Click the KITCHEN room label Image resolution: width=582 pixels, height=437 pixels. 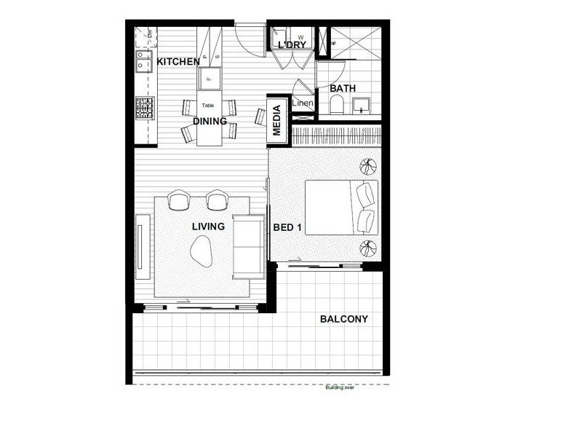[178, 62]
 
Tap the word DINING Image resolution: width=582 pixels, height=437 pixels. [210, 122]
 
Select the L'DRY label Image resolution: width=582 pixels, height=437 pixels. [291, 46]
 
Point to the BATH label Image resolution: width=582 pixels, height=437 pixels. [343, 89]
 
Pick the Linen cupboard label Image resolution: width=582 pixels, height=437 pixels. [303, 103]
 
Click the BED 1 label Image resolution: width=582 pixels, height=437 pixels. [287, 228]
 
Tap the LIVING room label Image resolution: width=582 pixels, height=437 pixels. [208, 227]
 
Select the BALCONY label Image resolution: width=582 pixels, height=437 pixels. [344, 319]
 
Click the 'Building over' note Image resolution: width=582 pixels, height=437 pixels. [340, 387]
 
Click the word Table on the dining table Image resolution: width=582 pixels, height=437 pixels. [208, 106]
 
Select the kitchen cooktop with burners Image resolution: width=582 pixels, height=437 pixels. [144, 109]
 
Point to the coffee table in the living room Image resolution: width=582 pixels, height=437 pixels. [200, 253]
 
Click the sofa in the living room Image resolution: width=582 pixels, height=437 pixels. [248, 247]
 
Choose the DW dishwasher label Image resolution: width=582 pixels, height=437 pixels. [149, 33]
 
